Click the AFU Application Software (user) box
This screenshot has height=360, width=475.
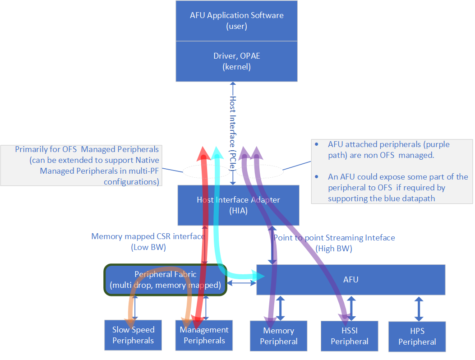click(x=236, y=21)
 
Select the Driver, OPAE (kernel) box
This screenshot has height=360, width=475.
click(x=236, y=61)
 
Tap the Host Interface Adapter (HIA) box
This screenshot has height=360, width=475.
click(x=238, y=205)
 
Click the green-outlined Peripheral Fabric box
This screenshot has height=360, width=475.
click(x=165, y=280)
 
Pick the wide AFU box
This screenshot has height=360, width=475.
click(x=350, y=280)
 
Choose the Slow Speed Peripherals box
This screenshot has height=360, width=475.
click(x=133, y=335)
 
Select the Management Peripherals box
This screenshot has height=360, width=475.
click(x=204, y=335)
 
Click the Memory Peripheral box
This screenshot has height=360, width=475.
click(x=278, y=336)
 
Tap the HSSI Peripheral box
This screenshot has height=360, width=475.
click(x=349, y=336)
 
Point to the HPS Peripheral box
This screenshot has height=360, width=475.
click(x=417, y=337)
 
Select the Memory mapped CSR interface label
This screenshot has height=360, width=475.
click(x=148, y=236)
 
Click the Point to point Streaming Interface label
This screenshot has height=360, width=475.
click(x=334, y=238)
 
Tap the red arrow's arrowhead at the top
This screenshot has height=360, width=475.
click(x=203, y=152)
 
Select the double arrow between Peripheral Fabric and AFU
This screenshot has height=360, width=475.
click(x=241, y=283)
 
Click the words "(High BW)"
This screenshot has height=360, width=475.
click(x=334, y=249)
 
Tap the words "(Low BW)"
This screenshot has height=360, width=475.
click(x=148, y=247)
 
